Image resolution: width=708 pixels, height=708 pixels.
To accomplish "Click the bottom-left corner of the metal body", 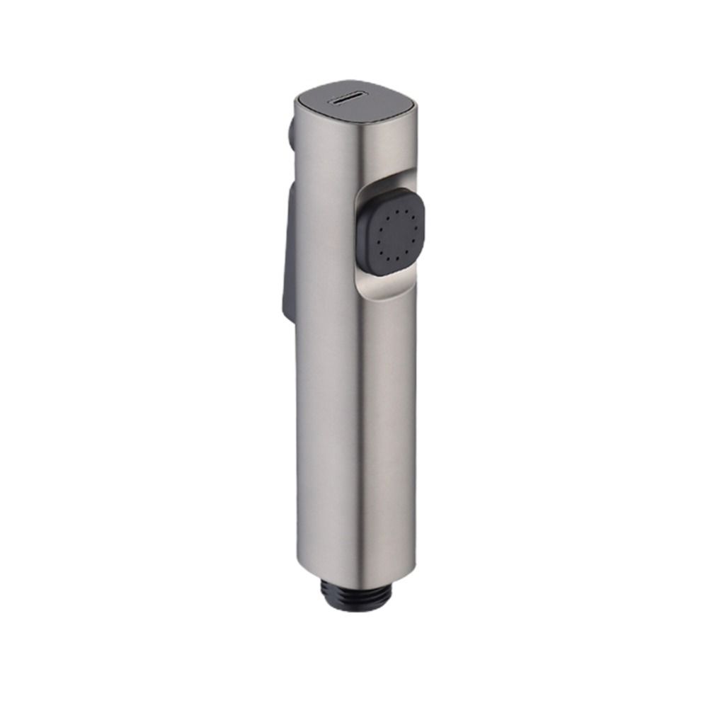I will point(302,566).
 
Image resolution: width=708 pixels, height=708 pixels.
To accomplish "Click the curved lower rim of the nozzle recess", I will point(389,297).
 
